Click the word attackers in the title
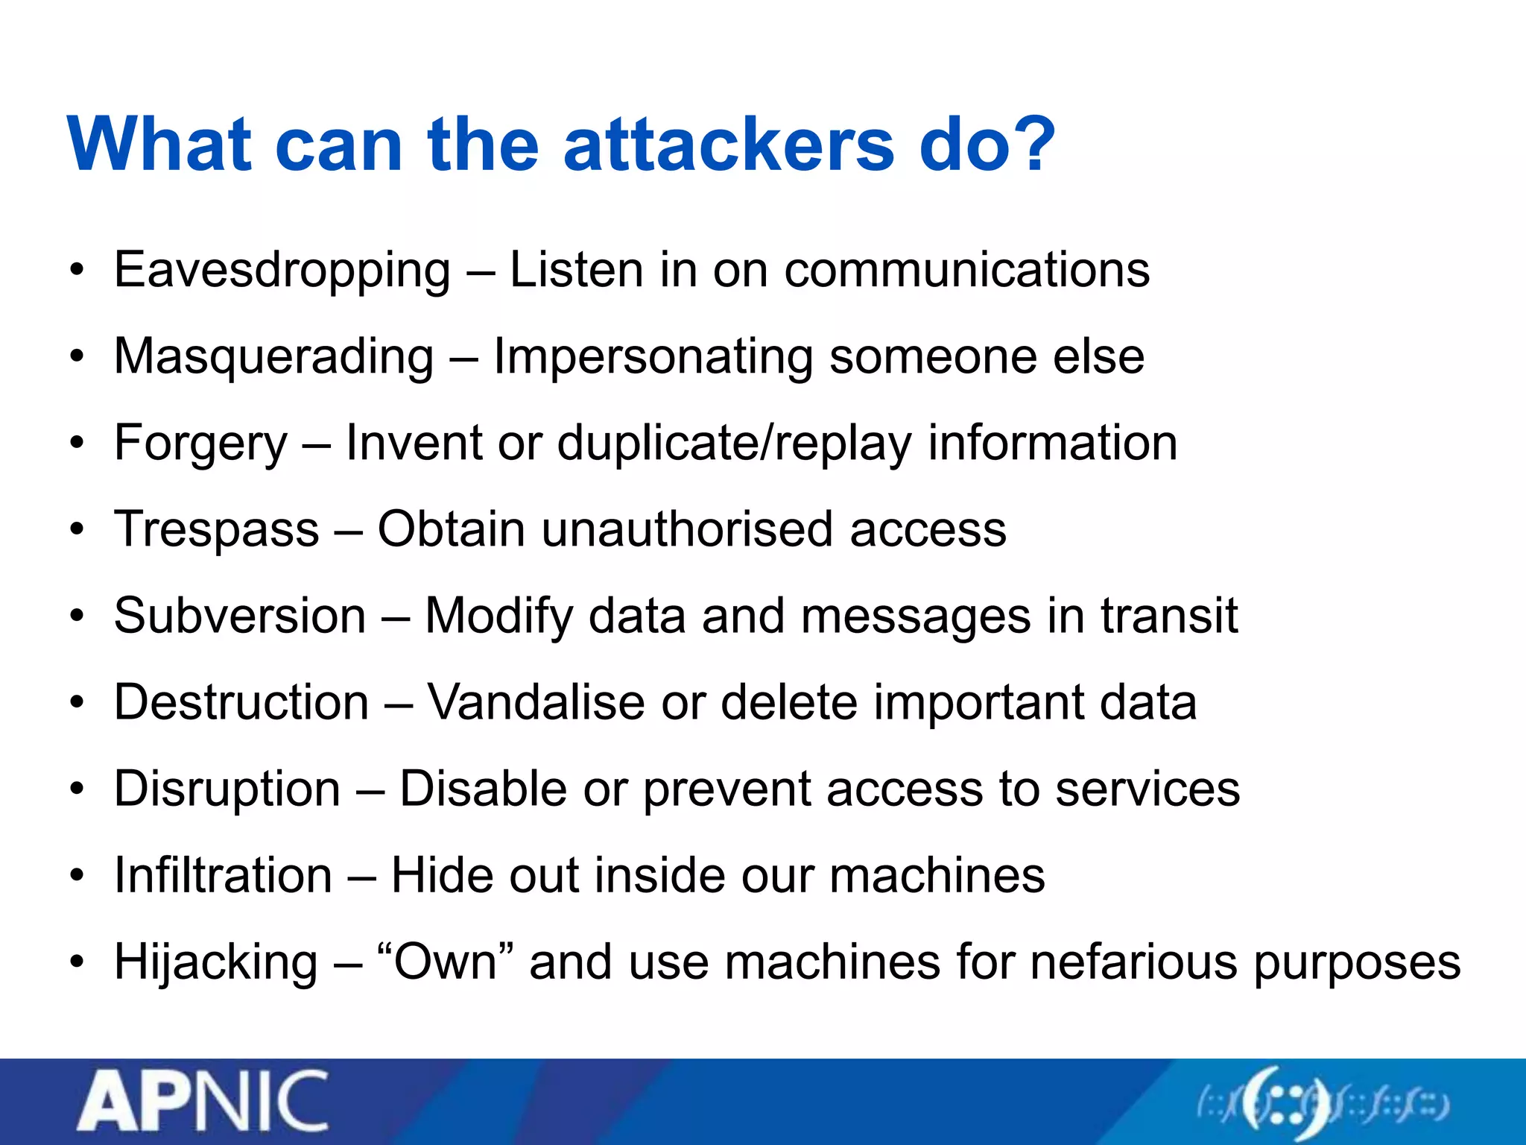[x=728, y=145]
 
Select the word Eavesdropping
[x=282, y=271]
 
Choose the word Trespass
[x=216, y=530]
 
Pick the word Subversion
[x=240, y=616]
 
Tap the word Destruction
[x=241, y=703]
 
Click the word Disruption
[x=227, y=789]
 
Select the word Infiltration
[x=223, y=876]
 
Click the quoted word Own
[x=446, y=962]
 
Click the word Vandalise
[x=536, y=703]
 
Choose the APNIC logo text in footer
[x=203, y=1101]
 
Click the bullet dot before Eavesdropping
[x=77, y=271]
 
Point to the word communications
[x=966, y=270]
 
